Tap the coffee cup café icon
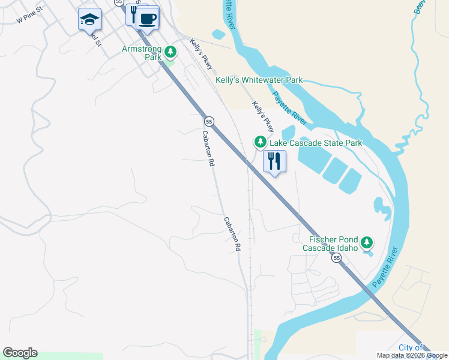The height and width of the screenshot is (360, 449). coord(147,18)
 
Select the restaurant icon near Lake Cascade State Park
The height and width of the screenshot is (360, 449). coord(274,161)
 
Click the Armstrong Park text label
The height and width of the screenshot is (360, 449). coord(142,53)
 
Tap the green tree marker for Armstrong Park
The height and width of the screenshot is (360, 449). coord(170,52)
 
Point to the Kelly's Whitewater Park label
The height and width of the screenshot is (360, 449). coord(259,80)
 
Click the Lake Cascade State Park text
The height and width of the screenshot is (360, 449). coord(316,143)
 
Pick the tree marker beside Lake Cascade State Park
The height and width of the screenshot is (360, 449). coord(260,142)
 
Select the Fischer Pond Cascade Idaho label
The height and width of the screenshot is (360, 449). coord(330,243)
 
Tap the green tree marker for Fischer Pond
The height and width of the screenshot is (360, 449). coord(367,243)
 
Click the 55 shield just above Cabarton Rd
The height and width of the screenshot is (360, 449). coord(208,121)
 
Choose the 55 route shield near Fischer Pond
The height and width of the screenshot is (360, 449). coord(337,257)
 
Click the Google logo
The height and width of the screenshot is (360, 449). coord(20,353)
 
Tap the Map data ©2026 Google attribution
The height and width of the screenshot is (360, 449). coord(412,355)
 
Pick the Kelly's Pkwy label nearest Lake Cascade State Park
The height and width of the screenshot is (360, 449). coord(263,116)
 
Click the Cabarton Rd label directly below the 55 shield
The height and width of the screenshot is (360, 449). coord(208,148)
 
